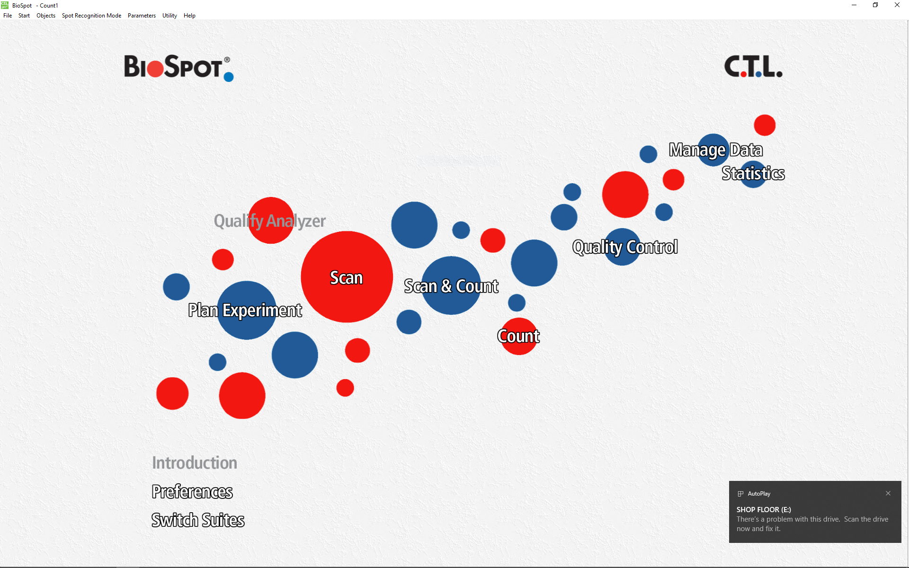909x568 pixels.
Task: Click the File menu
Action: (x=8, y=16)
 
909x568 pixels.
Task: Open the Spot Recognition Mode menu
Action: (x=91, y=16)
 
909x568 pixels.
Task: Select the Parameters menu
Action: (x=142, y=16)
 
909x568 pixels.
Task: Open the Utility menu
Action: (x=169, y=16)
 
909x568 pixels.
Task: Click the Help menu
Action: (x=189, y=16)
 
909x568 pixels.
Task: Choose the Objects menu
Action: (x=46, y=16)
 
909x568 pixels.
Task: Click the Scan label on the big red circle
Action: (x=347, y=278)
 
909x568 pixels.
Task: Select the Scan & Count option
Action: (x=451, y=286)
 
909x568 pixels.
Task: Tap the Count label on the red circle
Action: (x=518, y=336)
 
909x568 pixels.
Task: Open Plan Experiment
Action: (x=245, y=311)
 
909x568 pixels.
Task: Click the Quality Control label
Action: (x=625, y=247)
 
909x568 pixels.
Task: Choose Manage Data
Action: (x=716, y=150)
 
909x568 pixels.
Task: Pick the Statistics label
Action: (x=753, y=174)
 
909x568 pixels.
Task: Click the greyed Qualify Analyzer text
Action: (x=270, y=221)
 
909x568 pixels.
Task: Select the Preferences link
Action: (x=192, y=492)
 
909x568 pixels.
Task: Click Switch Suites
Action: (x=198, y=520)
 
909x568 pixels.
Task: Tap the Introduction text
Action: (x=195, y=463)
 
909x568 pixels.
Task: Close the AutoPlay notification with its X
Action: (x=888, y=493)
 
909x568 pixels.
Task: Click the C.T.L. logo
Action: (x=753, y=67)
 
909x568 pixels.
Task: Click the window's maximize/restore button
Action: (x=875, y=5)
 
